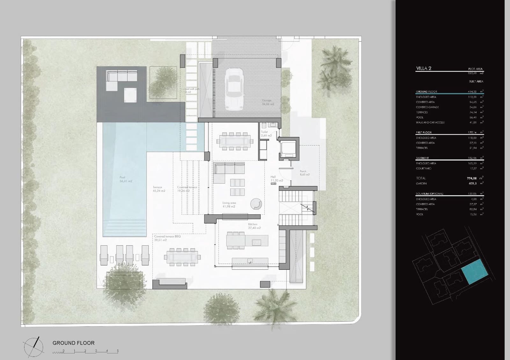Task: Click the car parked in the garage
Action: (x=234, y=89)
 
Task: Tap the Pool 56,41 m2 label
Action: (x=126, y=179)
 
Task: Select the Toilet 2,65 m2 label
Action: (x=266, y=133)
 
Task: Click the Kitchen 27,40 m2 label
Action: (x=254, y=226)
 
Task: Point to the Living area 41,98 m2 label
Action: (x=229, y=205)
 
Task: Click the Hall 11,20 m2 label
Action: (x=276, y=179)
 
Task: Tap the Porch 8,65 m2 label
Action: (x=304, y=173)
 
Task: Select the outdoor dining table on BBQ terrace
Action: (x=182, y=257)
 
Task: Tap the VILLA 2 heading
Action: (x=424, y=68)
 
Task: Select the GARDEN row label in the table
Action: (x=421, y=184)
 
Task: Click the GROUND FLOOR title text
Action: (x=73, y=343)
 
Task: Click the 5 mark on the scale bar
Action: (x=118, y=351)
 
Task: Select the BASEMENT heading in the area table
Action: (x=422, y=158)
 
